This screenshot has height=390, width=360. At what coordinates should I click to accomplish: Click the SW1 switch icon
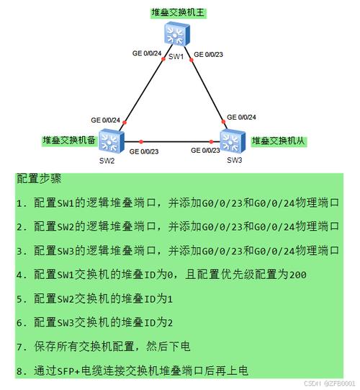[177, 34]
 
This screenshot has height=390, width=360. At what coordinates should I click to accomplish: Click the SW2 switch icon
[112, 141]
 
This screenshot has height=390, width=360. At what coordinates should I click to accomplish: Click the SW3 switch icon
[233, 141]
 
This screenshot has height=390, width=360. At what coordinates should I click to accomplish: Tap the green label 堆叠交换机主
[178, 12]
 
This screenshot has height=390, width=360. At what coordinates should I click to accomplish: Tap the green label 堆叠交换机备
[69, 141]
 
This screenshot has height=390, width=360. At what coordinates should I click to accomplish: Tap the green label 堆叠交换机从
[279, 141]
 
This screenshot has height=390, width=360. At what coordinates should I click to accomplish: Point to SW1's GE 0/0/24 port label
[147, 53]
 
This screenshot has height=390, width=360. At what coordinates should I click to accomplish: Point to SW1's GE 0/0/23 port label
[208, 54]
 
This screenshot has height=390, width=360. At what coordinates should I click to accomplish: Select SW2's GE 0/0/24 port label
[105, 120]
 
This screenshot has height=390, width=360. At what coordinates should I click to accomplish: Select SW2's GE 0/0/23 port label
[144, 151]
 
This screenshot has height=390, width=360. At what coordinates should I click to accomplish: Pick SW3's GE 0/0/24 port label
[241, 118]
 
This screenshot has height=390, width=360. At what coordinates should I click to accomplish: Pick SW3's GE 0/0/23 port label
[205, 150]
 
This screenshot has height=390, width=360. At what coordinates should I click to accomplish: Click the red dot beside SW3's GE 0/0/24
[223, 122]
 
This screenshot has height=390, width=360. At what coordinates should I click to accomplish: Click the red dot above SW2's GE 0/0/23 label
[141, 142]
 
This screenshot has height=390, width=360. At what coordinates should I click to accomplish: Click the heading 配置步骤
[39, 178]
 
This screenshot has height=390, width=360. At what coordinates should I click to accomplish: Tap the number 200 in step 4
[297, 275]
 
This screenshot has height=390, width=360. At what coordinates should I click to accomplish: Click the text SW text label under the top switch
[176, 57]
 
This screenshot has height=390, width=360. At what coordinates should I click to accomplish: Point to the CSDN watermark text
[330, 383]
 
